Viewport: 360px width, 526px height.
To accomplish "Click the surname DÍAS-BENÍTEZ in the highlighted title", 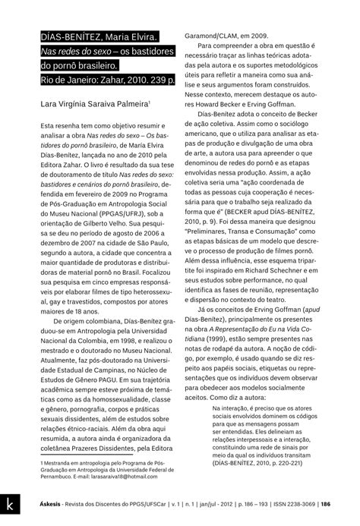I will click(71, 36).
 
